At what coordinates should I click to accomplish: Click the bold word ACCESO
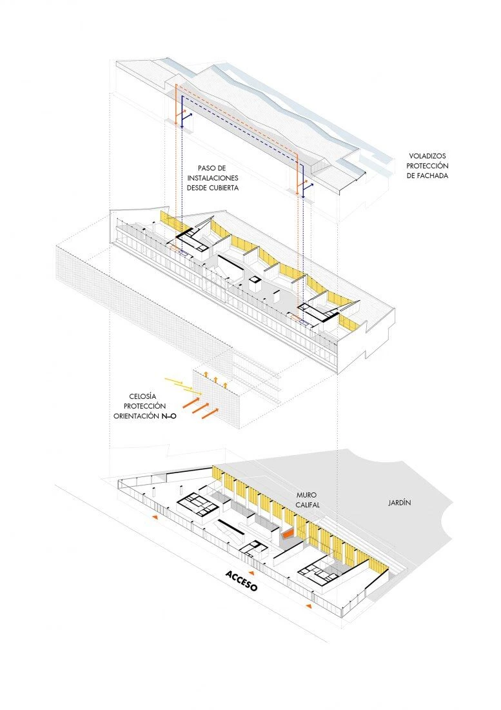click(241, 582)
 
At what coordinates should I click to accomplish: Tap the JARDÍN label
click(400, 502)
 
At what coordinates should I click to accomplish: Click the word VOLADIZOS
click(427, 156)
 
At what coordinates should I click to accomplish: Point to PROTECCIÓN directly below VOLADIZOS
click(427, 167)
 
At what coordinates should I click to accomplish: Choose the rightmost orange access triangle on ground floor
click(309, 607)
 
